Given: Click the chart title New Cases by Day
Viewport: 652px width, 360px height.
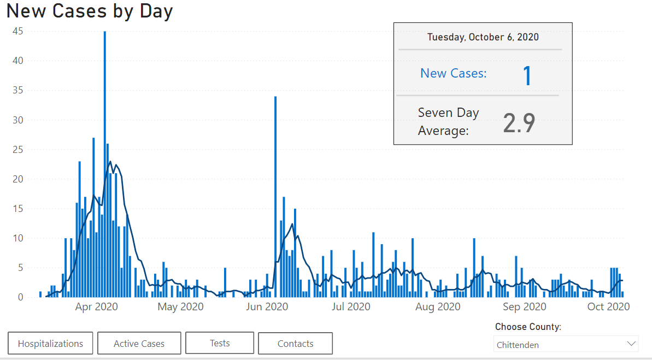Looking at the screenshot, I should point(90,11).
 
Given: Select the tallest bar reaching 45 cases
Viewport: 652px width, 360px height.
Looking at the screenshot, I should point(105,164).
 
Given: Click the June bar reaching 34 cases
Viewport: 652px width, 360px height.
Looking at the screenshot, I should point(275,197).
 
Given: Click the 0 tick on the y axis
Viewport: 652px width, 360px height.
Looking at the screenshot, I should point(20,297).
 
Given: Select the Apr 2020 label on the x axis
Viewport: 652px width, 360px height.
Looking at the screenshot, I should point(96,306).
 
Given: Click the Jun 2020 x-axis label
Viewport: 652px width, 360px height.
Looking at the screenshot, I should point(267,306).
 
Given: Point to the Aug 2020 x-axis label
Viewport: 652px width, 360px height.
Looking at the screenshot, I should point(437,306).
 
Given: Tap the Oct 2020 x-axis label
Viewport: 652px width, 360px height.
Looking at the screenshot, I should point(608,306).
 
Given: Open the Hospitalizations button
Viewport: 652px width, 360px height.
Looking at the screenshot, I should point(50,344).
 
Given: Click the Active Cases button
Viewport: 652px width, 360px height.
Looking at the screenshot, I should point(139,344).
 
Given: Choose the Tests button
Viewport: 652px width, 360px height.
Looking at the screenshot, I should point(220,343).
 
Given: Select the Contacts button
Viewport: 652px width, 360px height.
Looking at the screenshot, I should point(295,344).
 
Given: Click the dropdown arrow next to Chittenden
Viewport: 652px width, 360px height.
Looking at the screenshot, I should point(632,344).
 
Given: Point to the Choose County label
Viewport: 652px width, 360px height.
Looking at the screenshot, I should point(528,327).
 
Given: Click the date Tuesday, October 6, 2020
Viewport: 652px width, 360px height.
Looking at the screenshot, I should point(483,37).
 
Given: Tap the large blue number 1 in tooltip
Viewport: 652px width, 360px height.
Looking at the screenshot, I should point(527,75).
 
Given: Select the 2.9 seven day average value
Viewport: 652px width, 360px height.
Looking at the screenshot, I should point(519,124).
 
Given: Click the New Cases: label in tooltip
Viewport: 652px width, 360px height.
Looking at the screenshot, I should point(453,73).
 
